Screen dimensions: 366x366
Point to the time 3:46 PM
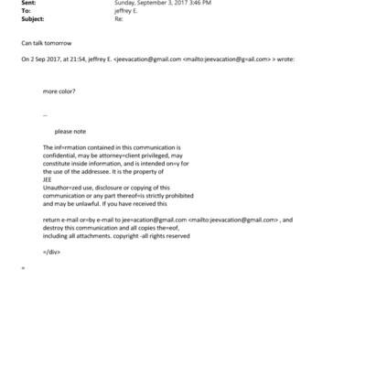[197, 4]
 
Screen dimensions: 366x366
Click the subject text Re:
[118, 18]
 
